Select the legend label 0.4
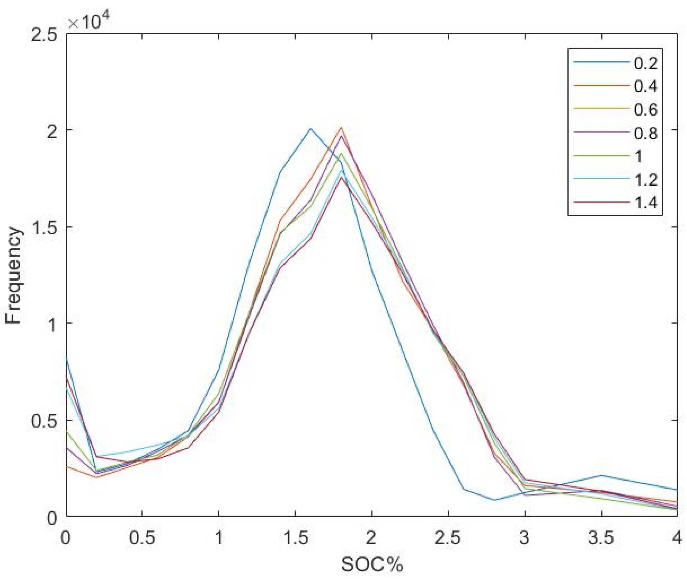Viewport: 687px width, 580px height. coord(646,86)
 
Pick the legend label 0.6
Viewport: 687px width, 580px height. coord(646,109)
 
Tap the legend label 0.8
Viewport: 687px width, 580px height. coord(646,133)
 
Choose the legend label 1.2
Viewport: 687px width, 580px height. coord(646,180)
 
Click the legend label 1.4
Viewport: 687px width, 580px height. coord(646,203)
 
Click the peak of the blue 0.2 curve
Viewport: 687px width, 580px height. coord(310,128)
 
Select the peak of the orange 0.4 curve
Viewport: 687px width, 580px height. coord(341,127)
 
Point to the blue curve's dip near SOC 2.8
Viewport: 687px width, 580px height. coord(495,500)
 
